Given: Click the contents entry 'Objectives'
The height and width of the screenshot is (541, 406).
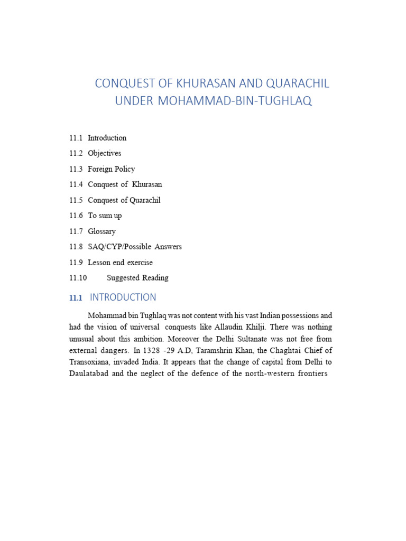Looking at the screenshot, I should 104,153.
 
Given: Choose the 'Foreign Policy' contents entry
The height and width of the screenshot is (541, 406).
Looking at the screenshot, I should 111,169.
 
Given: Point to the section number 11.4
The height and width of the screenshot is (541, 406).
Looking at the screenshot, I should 76,184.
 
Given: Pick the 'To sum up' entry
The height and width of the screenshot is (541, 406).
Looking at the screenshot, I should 105,216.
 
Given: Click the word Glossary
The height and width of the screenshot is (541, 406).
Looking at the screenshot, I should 101,231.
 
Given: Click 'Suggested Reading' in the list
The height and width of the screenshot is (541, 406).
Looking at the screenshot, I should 137,278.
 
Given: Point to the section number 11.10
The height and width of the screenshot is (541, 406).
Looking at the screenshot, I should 78,278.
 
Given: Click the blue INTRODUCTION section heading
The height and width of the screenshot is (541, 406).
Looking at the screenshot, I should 123,297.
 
